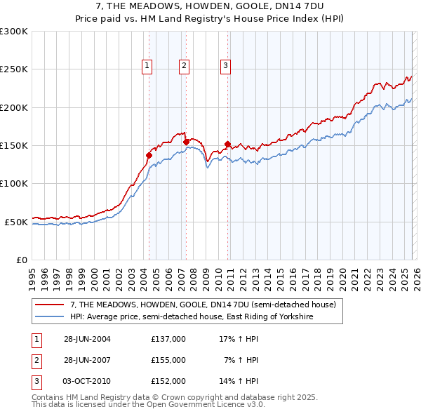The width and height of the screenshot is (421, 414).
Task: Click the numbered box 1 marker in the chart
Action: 147,66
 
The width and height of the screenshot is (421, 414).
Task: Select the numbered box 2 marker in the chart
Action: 184,66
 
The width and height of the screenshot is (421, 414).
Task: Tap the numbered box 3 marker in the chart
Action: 226,66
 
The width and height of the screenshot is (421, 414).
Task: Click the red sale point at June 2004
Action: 149,156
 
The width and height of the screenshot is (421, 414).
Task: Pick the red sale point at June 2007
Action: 186,142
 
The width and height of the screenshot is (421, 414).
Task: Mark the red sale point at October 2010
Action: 228,145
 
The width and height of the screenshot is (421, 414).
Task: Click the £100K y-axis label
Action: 14,183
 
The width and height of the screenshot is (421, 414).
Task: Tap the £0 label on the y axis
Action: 21,260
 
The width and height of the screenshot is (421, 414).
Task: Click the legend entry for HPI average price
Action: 191,317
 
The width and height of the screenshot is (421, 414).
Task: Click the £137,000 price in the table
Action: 168,339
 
